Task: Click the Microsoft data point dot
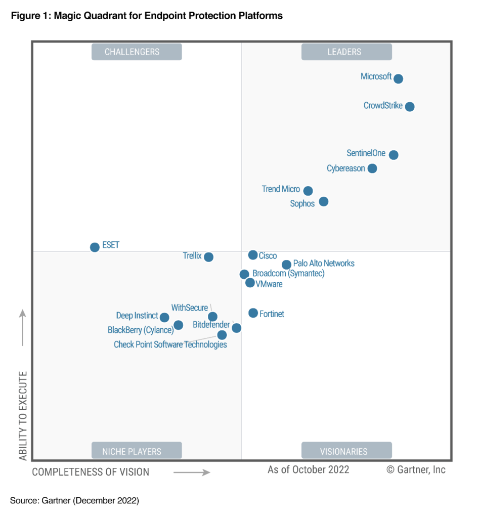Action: [x=398, y=78]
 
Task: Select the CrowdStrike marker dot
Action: [x=410, y=107]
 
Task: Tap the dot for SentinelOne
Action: [x=394, y=155]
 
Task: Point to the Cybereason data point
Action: [x=372, y=168]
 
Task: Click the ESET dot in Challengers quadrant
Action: [x=95, y=247]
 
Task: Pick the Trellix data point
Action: [x=208, y=257]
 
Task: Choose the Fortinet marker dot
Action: [x=253, y=313]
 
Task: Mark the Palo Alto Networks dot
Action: [x=286, y=265]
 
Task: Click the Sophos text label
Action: [x=302, y=204]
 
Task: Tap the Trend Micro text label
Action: [x=281, y=189]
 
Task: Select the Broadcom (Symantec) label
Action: [x=288, y=274]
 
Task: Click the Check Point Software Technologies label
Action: [x=170, y=345]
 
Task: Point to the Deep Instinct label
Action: [x=137, y=316]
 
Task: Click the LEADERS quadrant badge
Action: [x=346, y=52]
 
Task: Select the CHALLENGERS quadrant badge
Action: [x=136, y=52]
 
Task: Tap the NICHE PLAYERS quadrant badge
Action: [x=136, y=451]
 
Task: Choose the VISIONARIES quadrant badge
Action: [x=346, y=451]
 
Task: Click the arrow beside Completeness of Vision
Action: [x=192, y=472]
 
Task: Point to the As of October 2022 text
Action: [x=308, y=470]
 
